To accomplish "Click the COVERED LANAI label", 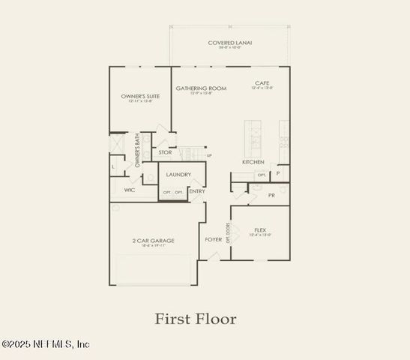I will pos(230,43).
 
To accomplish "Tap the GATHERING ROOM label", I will pos(201,88).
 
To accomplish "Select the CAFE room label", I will pos(262,83).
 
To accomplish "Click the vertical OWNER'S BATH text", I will pos(137,150).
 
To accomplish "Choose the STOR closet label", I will pos(165,152).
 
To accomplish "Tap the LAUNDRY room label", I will pos(178,175).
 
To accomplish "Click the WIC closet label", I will pos(130,190).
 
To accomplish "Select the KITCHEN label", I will pos(253,162).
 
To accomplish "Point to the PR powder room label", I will pos(272,195).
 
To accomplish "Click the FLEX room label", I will pos(260,230).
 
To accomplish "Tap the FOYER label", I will pos(214,240).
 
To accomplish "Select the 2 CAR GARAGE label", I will pos(154,241).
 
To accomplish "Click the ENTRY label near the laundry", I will pos(197,191).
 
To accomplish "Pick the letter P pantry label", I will pos(278,173).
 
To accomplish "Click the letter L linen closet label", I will pos(114,166).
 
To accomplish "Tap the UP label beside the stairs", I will pos(209,155).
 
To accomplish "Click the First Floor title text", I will pos(196,319).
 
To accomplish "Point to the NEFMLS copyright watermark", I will pos(46,344).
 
